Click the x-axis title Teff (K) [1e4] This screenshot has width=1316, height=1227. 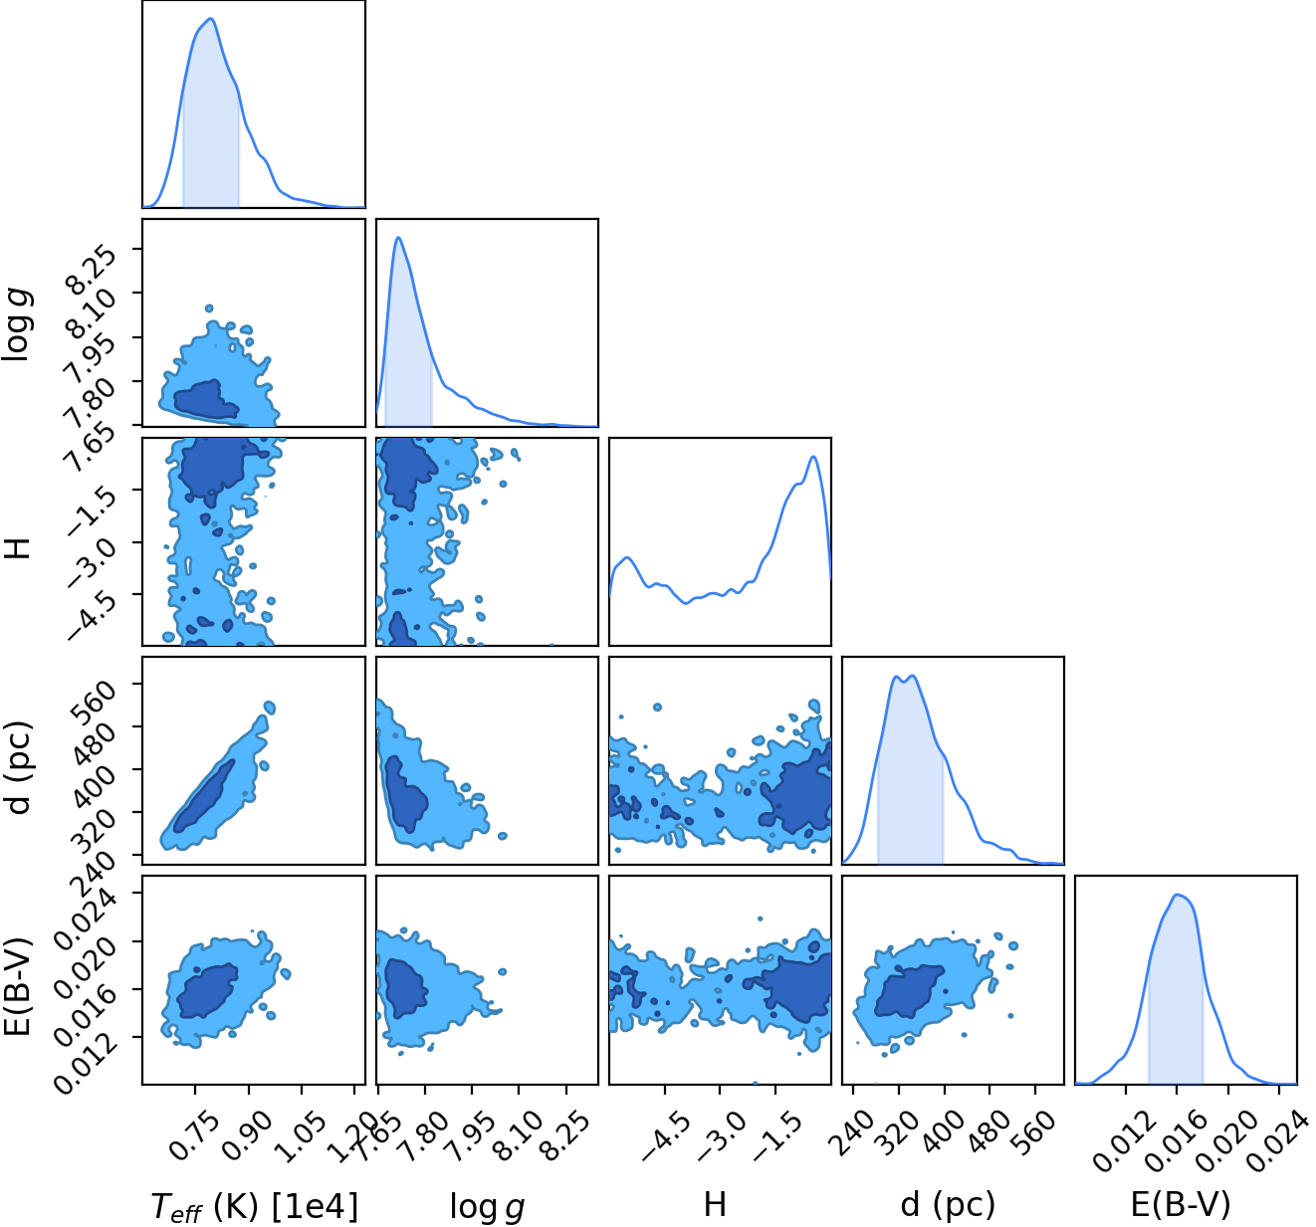click(255, 1206)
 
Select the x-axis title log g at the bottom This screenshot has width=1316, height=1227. click(487, 1207)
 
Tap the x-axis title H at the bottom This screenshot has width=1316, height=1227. click(715, 1204)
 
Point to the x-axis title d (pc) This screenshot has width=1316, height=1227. click(949, 1205)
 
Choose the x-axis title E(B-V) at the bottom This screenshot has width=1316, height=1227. click(1181, 1204)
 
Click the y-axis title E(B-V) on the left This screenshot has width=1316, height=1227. click(19, 986)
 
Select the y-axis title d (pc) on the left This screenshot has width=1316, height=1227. click(20, 767)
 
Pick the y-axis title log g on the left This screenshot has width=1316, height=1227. click(20, 325)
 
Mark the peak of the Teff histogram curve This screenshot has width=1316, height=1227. click(211, 19)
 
